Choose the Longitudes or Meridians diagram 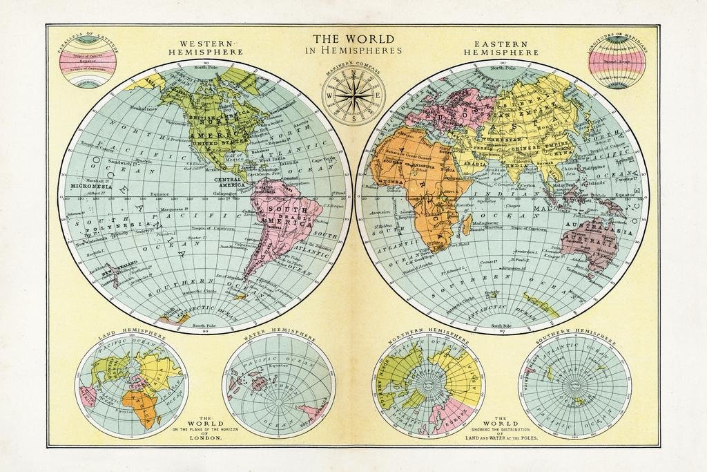pyautogui.click(x=617, y=62)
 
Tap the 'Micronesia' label pyautogui.click(x=91, y=186)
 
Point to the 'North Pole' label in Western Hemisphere pyautogui.click(x=206, y=67)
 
